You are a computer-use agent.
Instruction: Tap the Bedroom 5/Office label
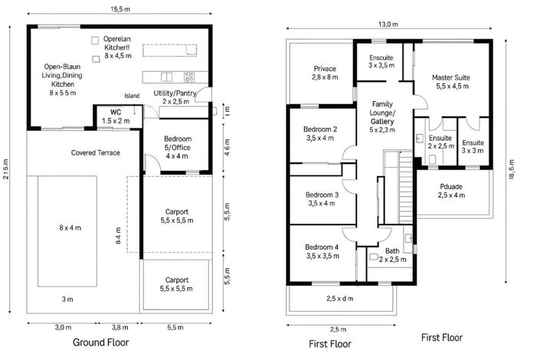tap(177, 143)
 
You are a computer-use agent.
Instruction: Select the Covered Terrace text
tap(96, 153)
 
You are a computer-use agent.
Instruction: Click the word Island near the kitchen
tap(133, 96)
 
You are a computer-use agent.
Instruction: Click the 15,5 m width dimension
tap(119, 9)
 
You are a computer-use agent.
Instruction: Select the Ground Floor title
tap(100, 342)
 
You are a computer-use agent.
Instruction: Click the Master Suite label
tap(450, 82)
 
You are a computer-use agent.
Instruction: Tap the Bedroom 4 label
tap(321, 251)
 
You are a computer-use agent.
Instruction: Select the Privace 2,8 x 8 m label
tap(326, 73)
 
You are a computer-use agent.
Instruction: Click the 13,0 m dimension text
tap(389, 25)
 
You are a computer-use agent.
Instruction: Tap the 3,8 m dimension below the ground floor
tap(119, 327)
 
